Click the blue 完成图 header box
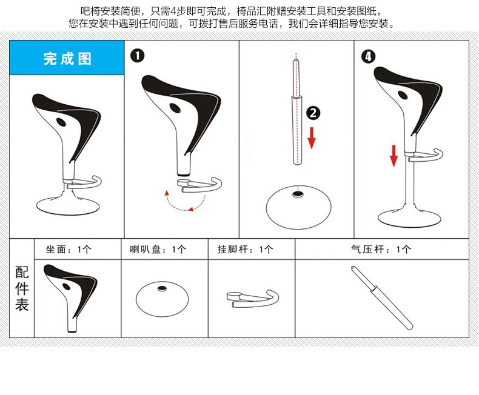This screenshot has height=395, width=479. tap(67, 58)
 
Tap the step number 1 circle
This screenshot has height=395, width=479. tap(137, 56)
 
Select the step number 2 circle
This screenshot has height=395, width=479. tap(313, 113)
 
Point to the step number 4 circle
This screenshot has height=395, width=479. tap(368, 56)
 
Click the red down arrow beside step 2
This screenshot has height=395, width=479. tap(312, 138)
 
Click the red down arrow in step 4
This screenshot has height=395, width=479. tap(394, 156)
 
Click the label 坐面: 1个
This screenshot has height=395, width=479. tap(69, 250)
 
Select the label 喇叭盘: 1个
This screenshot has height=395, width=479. tap(158, 250)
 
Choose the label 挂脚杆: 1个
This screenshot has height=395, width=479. tap(245, 250)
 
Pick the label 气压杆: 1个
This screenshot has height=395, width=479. tap(381, 250)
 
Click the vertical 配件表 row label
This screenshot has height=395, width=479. tap(22, 288)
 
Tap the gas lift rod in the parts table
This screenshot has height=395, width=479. tap(382, 297)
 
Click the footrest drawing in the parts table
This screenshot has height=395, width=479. tap(253, 298)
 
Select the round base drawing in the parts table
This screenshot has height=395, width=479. tap(162, 299)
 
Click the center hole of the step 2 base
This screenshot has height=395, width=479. tap(297, 194)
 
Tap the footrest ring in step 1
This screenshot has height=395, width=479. tap(199, 185)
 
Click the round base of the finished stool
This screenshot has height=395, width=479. tap(68, 205)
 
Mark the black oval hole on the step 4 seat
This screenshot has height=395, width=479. tap(403, 95)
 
